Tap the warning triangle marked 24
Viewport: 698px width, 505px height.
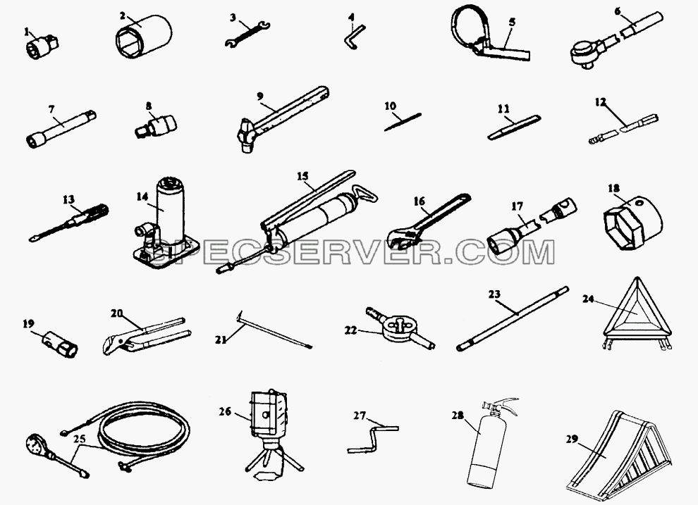638,315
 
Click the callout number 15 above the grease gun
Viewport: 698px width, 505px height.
302,176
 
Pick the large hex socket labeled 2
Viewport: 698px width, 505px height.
143,35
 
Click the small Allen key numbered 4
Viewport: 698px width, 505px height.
355,37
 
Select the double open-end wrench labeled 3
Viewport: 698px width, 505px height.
247,35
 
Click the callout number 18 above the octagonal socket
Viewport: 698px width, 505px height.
613,189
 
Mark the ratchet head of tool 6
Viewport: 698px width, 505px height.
584,53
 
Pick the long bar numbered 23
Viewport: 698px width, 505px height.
513,318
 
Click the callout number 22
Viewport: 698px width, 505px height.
351,330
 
